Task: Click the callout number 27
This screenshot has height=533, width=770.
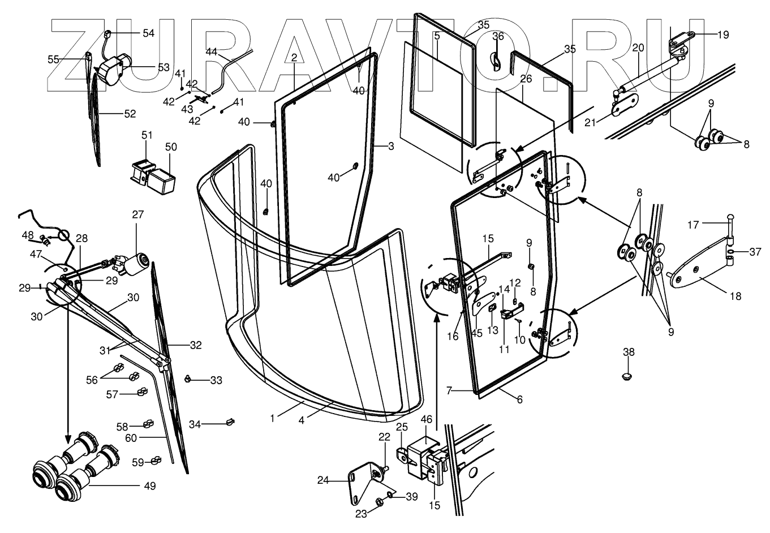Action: pyautogui.click(x=138, y=214)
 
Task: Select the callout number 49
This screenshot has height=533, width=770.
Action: pyautogui.click(x=149, y=485)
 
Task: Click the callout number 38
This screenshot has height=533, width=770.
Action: pyautogui.click(x=629, y=352)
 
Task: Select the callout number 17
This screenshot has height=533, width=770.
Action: pyautogui.click(x=693, y=225)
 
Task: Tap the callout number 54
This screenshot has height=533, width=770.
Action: pyautogui.click(x=148, y=33)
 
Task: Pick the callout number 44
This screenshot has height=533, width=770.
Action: pyautogui.click(x=211, y=51)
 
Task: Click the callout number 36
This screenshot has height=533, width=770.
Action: pyautogui.click(x=497, y=37)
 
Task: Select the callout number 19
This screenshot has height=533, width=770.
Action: pyautogui.click(x=723, y=35)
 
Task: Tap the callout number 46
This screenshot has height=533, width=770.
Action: pyautogui.click(x=426, y=419)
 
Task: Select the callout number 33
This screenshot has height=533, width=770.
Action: pyautogui.click(x=216, y=381)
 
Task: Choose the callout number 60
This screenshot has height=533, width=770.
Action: pyautogui.click(x=147, y=437)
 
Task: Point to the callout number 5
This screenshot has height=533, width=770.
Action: pyautogui.click(x=437, y=36)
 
